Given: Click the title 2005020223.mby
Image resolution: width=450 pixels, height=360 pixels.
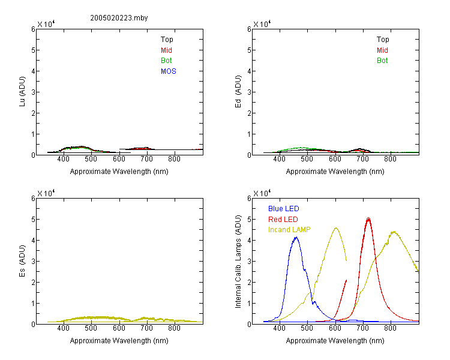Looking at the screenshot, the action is (119, 18).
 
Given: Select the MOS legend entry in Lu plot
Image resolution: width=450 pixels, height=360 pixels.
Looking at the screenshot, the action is (169, 71).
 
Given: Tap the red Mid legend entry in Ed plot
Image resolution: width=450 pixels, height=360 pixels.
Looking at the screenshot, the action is (382, 50).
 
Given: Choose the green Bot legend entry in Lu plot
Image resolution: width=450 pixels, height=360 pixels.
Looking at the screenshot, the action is (166, 61).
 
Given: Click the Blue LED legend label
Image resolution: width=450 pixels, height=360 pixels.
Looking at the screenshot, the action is (284, 209).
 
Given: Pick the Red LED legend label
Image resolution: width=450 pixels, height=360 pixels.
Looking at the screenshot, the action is (283, 220).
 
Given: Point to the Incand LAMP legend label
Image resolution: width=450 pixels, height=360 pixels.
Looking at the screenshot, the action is (289, 230).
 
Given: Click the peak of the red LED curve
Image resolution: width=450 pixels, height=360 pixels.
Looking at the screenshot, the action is (368, 219).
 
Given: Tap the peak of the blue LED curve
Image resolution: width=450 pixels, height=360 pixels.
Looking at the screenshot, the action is (296, 237).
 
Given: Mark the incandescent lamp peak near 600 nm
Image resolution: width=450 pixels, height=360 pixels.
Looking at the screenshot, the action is (336, 228).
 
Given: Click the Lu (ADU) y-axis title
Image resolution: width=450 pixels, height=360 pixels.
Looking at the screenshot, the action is (22, 92).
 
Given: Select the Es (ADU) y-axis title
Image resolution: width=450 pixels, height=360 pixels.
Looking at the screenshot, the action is (22, 261).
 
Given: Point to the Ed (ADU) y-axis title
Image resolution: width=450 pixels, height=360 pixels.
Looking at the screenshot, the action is (238, 92).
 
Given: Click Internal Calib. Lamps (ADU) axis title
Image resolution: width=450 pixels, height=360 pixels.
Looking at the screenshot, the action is (238, 261).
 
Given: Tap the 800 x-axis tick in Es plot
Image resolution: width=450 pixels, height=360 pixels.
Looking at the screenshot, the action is (174, 328).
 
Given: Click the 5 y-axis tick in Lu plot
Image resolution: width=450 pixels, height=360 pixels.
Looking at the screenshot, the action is (33, 50).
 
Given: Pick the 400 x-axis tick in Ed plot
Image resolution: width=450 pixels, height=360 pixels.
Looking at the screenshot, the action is (279, 159).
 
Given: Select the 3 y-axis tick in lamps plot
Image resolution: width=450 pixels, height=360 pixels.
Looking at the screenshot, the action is (249, 261).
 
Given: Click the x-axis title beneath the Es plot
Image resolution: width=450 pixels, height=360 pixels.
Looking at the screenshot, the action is (119, 341).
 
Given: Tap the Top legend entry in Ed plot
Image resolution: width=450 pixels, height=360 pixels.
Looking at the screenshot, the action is (383, 40).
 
